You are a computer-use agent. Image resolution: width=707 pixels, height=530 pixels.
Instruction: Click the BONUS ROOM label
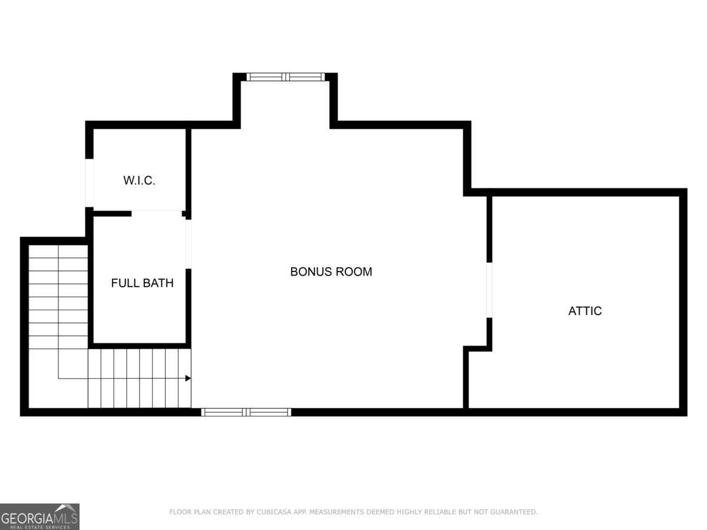[x=331, y=272]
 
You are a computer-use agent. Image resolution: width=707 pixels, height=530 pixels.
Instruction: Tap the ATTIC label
[x=585, y=311]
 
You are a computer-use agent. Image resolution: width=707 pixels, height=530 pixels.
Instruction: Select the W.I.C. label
[x=139, y=180]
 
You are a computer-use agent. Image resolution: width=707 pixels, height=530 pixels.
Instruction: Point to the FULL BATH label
[x=142, y=283]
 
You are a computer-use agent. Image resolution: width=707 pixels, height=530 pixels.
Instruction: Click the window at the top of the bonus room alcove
[x=286, y=77]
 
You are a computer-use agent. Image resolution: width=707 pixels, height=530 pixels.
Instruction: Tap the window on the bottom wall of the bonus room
[x=246, y=412]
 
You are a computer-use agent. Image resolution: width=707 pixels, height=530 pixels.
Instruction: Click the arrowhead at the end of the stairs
[x=188, y=378]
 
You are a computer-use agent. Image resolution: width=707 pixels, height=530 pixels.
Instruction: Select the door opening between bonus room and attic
[x=489, y=290]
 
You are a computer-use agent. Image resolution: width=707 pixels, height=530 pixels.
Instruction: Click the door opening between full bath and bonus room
[x=189, y=244]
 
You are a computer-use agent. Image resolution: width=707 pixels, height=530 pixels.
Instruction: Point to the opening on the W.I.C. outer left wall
[x=89, y=183]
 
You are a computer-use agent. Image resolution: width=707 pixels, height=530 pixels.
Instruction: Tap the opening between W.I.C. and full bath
[x=157, y=213]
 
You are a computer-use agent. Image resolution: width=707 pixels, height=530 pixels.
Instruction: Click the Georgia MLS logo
[x=39, y=516]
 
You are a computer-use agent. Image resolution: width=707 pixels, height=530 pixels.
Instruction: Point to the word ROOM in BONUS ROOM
[x=353, y=272]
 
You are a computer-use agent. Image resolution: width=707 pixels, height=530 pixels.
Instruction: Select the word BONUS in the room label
[x=310, y=272]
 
